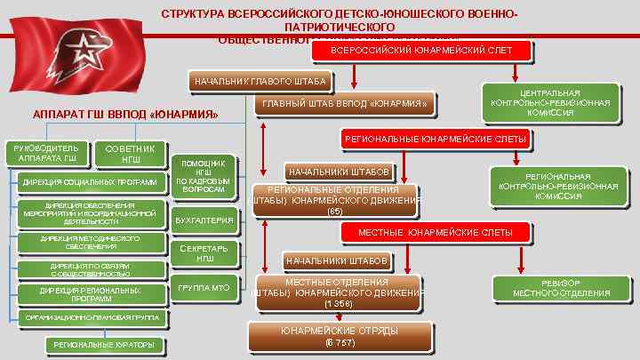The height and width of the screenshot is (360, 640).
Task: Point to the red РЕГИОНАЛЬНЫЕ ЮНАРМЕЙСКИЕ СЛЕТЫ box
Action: coord(435,140)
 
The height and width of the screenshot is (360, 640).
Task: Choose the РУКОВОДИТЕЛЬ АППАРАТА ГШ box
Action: coord(46,153)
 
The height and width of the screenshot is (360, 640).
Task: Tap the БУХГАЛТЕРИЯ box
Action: coord(204,220)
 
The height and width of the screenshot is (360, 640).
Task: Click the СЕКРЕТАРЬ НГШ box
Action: coord(204,253)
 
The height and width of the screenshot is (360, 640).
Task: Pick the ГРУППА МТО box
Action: coord(204,288)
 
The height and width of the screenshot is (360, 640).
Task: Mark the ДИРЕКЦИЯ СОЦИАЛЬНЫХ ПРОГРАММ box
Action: coord(90,183)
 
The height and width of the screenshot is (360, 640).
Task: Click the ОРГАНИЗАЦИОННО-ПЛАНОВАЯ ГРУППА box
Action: coord(92,317)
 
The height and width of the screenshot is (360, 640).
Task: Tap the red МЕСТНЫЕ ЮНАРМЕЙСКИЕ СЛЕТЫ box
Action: coord(435,232)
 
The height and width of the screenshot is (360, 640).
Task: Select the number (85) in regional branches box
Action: coord(334,212)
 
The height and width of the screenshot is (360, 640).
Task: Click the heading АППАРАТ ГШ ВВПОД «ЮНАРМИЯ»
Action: coord(124,116)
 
